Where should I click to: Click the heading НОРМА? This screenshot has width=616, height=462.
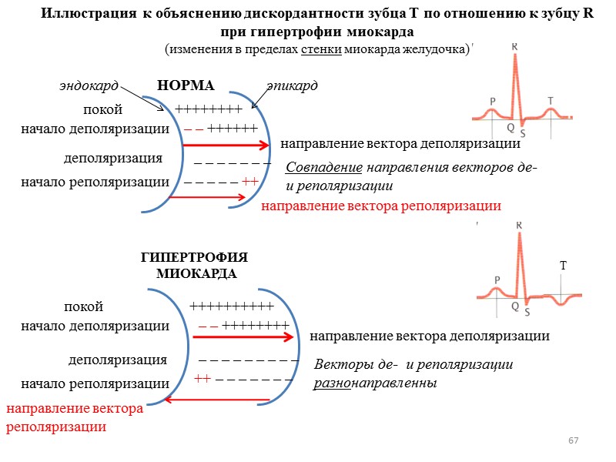click(185, 85)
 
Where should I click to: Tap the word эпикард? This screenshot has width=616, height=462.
click(292, 85)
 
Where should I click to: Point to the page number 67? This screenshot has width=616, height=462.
click(573, 440)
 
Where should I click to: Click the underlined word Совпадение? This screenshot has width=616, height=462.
click(323, 168)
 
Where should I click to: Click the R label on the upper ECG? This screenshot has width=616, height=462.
click(516, 47)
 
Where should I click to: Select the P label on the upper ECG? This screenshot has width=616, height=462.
click(492, 101)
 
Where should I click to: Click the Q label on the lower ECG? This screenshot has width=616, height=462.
click(514, 306)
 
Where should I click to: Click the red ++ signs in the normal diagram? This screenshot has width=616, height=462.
click(249, 182)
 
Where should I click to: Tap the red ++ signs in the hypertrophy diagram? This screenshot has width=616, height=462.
click(203, 379)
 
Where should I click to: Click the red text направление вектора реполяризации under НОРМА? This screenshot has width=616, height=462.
click(381, 206)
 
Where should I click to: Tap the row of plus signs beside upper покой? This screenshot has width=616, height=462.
click(209, 109)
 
